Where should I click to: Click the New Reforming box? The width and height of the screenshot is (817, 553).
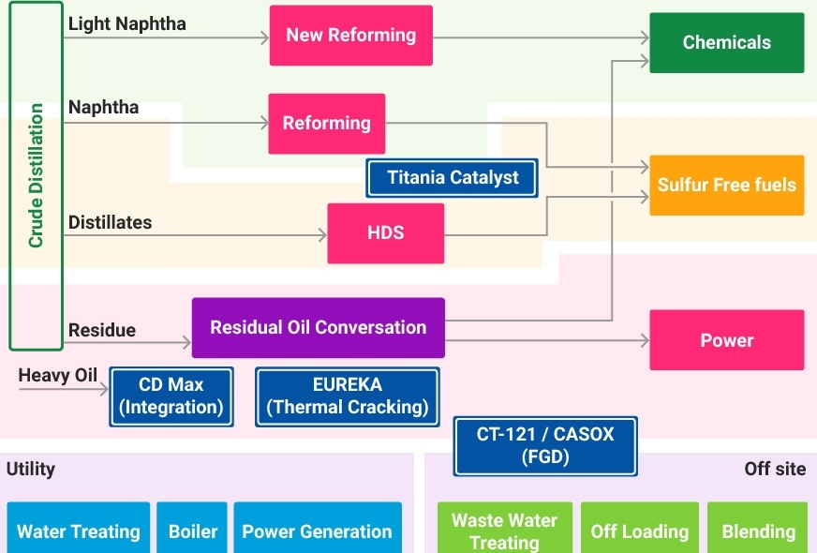tap(351, 36)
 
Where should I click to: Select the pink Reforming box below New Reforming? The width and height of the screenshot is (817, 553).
tap(326, 124)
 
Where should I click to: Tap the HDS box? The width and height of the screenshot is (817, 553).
tap(385, 233)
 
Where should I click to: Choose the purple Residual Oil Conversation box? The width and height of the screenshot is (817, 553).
tap(318, 328)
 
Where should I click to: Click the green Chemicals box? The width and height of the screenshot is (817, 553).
tap(726, 43)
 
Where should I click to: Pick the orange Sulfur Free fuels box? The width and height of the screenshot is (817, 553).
tap(726, 186)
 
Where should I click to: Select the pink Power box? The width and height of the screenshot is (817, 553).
tap(726, 340)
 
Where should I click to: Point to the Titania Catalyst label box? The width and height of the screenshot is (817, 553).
tap(452, 178)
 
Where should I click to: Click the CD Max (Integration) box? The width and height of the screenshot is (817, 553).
tap(171, 396)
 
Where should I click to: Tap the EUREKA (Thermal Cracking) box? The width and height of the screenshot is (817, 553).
tap(347, 396)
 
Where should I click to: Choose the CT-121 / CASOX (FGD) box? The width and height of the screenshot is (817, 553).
tap(545, 446)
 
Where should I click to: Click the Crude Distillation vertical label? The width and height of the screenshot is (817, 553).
tap(36, 176)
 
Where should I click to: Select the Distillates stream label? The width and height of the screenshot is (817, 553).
tap(110, 223)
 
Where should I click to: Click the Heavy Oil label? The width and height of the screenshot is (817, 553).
tap(58, 376)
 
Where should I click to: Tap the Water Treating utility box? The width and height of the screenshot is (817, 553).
tap(79, 531)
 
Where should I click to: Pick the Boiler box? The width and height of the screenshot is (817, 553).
tap(192, 531)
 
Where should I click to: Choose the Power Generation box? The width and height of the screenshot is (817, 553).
tap(317, 531)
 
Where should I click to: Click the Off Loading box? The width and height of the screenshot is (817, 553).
tap(639, 531)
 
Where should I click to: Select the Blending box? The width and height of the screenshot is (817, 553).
tap(757, 531)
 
